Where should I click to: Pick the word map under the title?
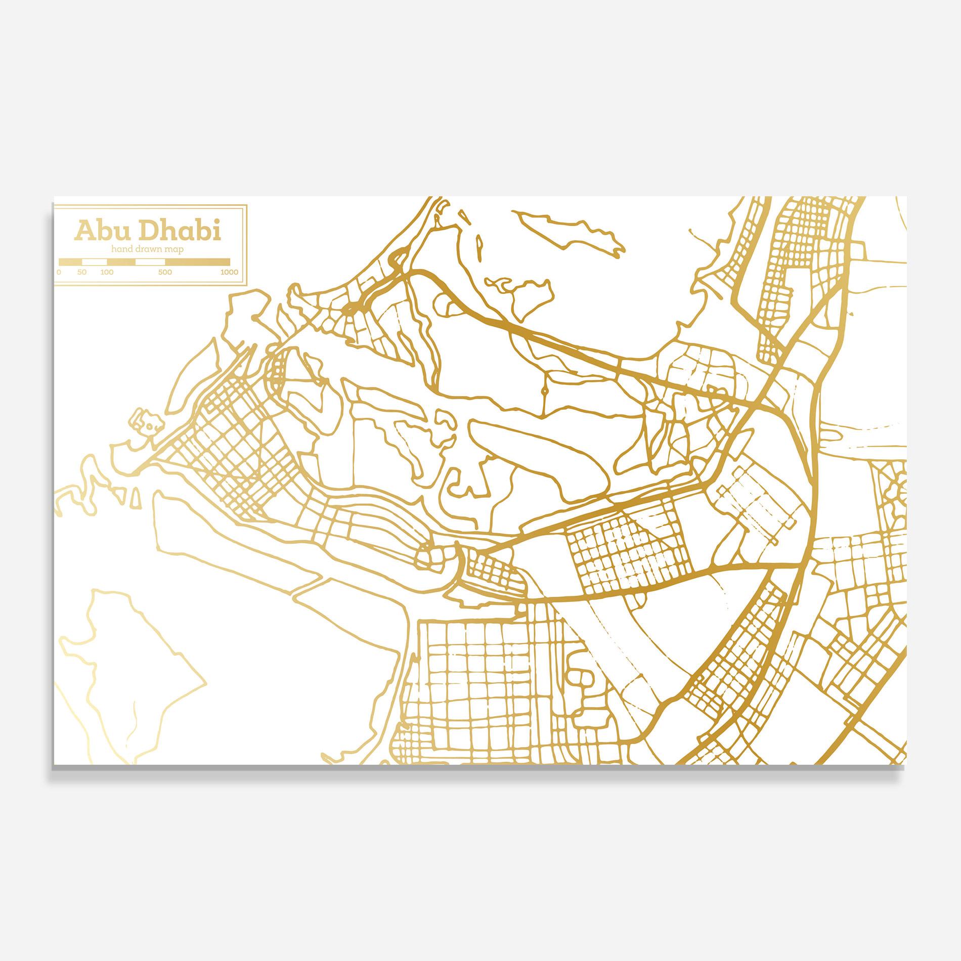click(x=174, y=249)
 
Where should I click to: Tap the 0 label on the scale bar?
click(x=59, y=272)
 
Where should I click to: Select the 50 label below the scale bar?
click(x=82, y=272)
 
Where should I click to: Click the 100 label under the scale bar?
click(x=107, y=272)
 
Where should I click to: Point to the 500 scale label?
click(x=165, y=272)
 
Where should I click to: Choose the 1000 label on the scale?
click(x=229, y=272)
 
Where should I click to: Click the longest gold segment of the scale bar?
click(x=198, y=262)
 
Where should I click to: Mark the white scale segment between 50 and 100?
click(x=95, y=262)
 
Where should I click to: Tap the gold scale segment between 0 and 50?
click(x=70, y=262)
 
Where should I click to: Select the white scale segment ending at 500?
click(x=150, y=262)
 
